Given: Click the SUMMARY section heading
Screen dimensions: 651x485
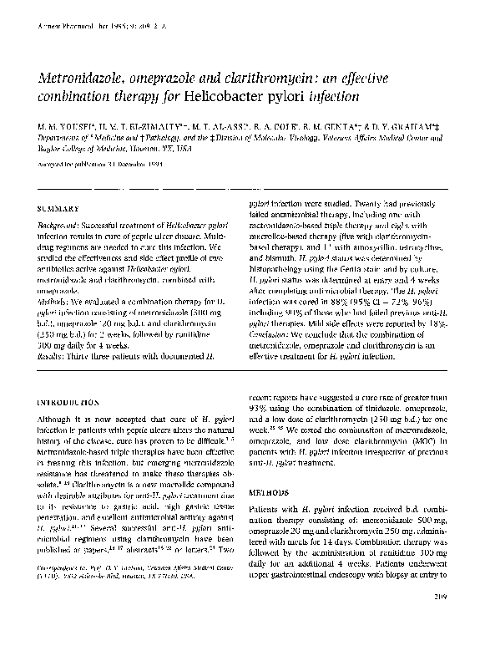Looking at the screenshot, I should (58, 208).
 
